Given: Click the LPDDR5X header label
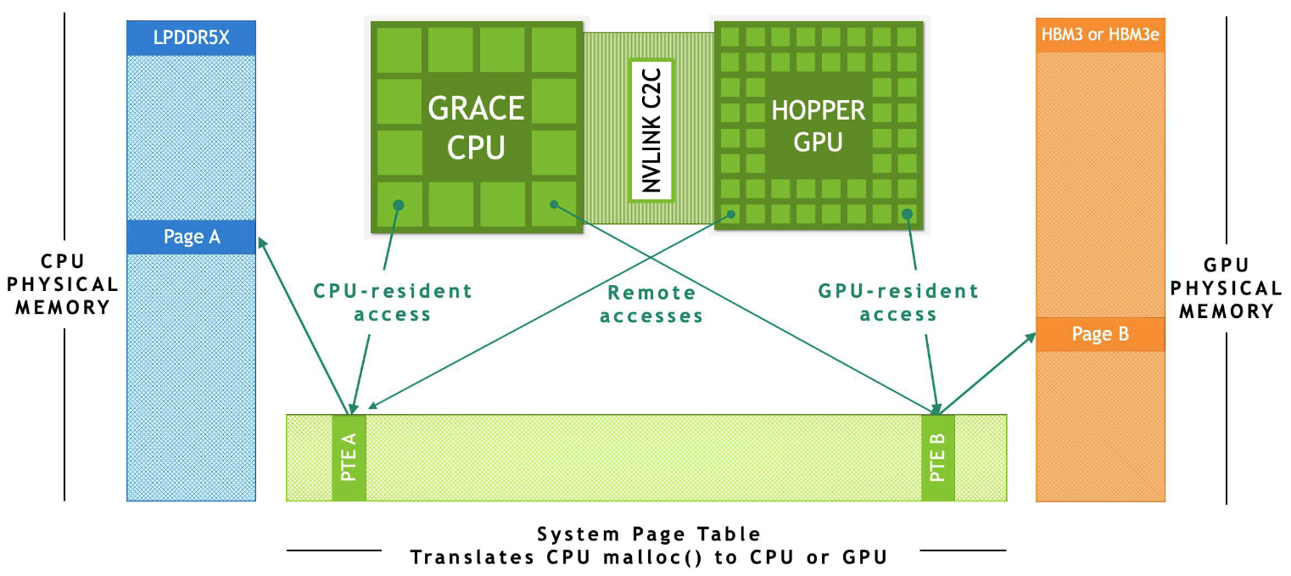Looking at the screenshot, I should point(191,38).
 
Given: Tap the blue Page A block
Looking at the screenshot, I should point(191,237).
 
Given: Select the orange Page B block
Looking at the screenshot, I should point(1100,334).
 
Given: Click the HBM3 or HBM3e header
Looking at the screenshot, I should point(1100,38).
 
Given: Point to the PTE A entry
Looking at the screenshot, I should point(349,458).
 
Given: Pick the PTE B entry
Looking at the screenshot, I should point(938,458).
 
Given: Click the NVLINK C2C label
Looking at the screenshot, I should point(651,129).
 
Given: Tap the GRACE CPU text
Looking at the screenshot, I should point(476,127).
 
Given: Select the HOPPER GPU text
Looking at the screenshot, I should point(818,126).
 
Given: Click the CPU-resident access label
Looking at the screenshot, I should point(393,303).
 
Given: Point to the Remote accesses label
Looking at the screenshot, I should point(651,305).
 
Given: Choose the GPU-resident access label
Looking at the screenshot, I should point(898,303).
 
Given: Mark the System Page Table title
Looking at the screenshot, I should point(649,534).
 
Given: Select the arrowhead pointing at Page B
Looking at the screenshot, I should point(1031,338).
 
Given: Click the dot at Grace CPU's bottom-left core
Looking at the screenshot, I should point(398,204).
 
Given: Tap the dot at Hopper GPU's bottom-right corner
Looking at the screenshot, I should point(908,213).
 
